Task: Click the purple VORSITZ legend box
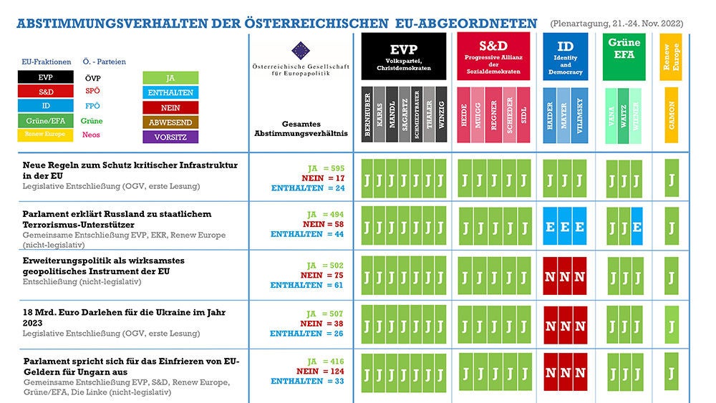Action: [x=170, y=137]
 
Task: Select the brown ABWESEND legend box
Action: [x=170, y=122]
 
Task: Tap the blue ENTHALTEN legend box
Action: [x=170, y=93]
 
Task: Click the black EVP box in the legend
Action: [x=46, y=77]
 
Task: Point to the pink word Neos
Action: [x=92, y=135]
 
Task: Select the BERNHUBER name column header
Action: [x=367, y=114]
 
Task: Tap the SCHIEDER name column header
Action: [x=509, y=114]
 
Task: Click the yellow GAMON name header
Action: [x=671, y=114]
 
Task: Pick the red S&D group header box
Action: [x=493, y=56]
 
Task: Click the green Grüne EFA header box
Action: [x=624, y=56]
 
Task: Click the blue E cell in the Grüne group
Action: [x=636, y=227]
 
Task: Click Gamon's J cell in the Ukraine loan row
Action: [x=671, y=326]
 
